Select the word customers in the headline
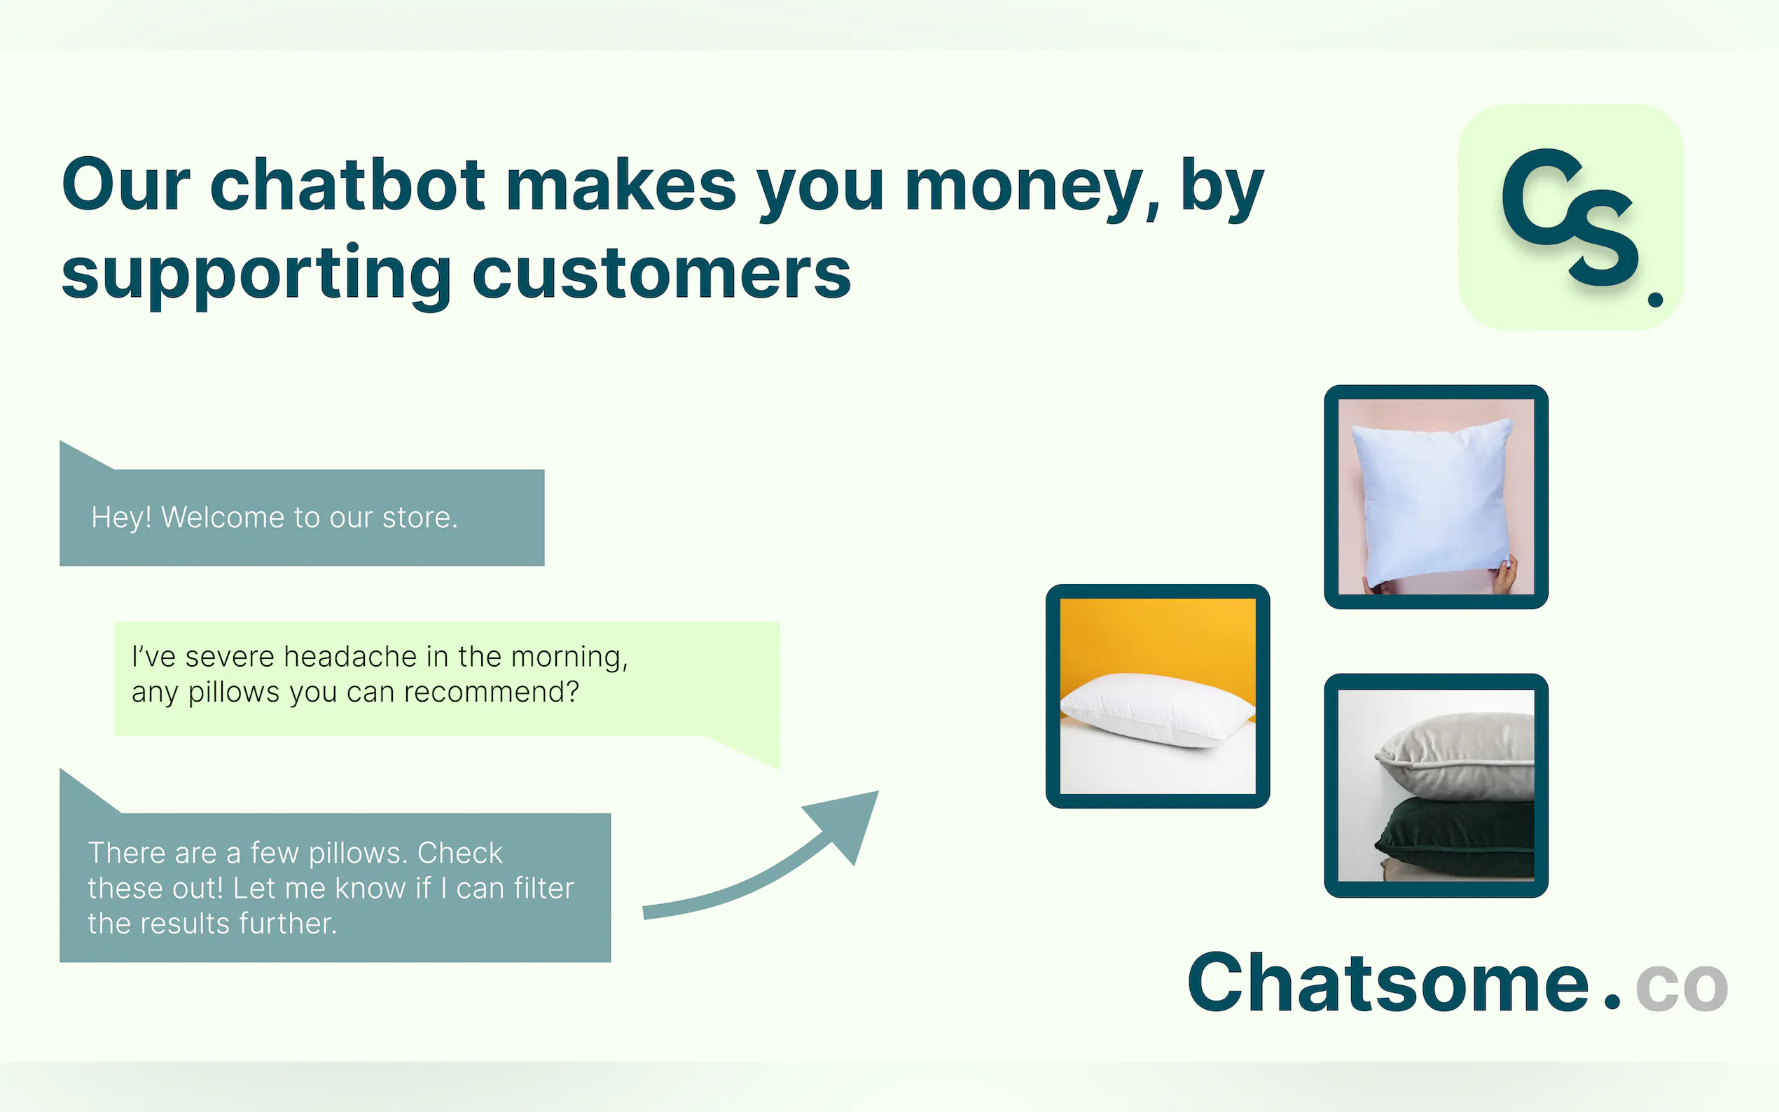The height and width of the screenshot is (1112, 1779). [x=661, y=274]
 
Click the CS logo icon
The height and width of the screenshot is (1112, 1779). [x=1571, y=217]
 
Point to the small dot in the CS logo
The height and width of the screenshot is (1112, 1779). [x=1656, y=298]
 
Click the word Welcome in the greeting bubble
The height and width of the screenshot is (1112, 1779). [x=223, y=517]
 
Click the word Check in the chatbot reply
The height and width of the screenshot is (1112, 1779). [x=459, y=852]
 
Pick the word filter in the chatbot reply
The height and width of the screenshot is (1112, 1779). [x=544, y=888]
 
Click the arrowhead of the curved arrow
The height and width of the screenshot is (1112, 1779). [x=847, y=823]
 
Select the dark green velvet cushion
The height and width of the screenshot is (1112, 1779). [x=1457, y=835]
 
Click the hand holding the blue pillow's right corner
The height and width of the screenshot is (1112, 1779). [x=1504, y=574]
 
